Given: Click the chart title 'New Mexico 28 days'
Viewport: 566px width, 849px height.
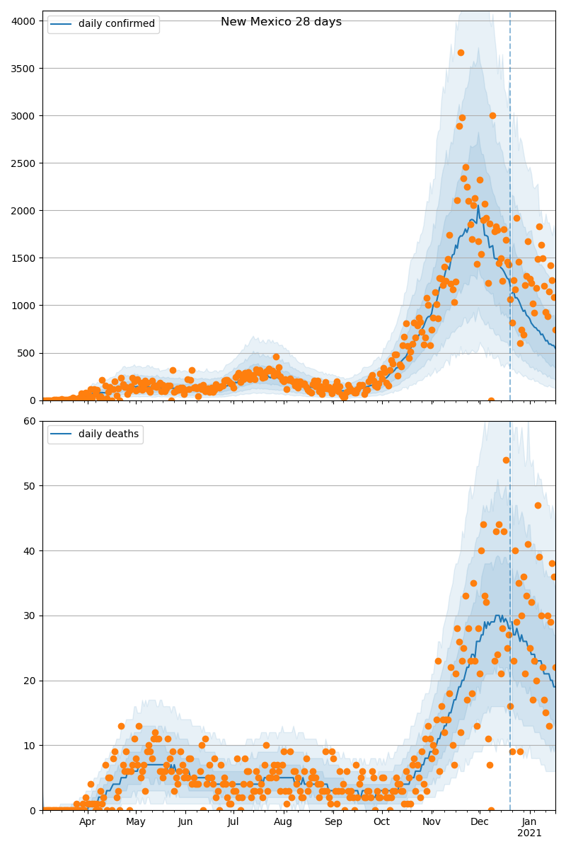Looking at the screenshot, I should (281, 22).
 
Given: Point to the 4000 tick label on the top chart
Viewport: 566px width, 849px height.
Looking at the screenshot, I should (24, 21).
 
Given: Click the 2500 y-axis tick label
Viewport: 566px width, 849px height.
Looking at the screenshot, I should (24, 163).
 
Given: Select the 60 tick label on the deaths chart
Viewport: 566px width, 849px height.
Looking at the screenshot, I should (30, 421).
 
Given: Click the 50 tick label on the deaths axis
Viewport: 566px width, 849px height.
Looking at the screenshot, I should (30, 486).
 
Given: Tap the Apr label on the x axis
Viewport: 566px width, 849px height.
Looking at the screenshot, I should (87, 822).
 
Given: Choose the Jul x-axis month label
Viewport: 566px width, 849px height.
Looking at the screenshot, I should (233, 822).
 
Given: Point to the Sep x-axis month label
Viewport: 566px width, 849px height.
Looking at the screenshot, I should (333, 822).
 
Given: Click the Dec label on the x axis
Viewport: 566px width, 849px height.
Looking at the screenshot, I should (480, 822).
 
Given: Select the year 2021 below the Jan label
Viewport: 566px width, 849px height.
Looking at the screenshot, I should (529, 833).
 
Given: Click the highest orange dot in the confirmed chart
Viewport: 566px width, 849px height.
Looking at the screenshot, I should (461, 52).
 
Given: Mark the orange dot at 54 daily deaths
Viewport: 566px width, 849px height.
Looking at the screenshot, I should (506, 460).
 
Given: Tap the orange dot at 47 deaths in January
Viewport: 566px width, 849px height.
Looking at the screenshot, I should (538, 505).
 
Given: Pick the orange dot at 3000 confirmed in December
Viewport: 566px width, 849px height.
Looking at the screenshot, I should (492, 115).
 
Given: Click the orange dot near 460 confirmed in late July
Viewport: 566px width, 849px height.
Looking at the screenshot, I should (276, 357).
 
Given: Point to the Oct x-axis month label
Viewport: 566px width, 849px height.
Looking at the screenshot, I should (381, 822).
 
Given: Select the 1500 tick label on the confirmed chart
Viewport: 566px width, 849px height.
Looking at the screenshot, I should (24, 258).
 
